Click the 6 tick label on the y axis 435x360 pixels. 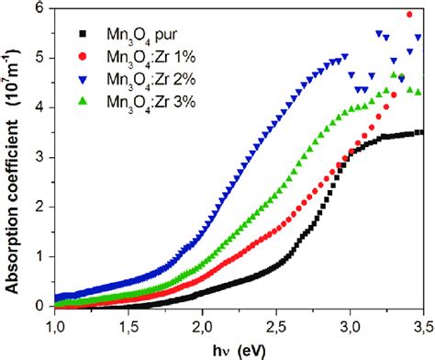[39, 7]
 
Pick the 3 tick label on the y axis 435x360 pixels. [39, 156]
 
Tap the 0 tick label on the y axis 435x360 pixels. [39, 305]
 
